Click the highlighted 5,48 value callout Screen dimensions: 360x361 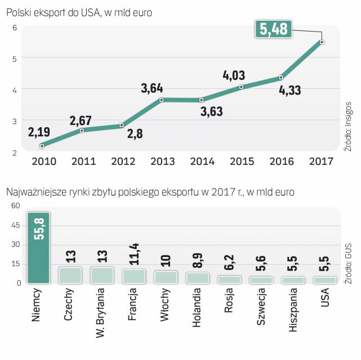pyautogui.click(x=274, y=29)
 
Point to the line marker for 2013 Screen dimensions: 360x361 pyautogui.click(x=162, y=100)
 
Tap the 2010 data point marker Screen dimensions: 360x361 pyautogui.click(x=42, y=146)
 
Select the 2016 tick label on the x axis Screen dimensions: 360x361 pyautogui.click(x=282, y=161)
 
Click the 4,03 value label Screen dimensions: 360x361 pyautogui.click(x=234, y=75)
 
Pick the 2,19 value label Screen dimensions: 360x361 pyautogui.click(x=39, y=133)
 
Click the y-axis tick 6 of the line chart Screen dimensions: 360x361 pyautogui.click(x=15, y=28)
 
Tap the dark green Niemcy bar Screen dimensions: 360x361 pyautogui.click(x=39, y=247)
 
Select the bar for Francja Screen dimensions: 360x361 pyautogui.click(x=133, y=276)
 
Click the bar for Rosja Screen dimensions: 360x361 pyautogui.click(x=229, y=279)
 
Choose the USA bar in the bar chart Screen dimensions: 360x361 pyautogui.click(x=325, y=280)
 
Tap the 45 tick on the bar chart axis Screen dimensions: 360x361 pyautogui.click(x=15, y=226)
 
